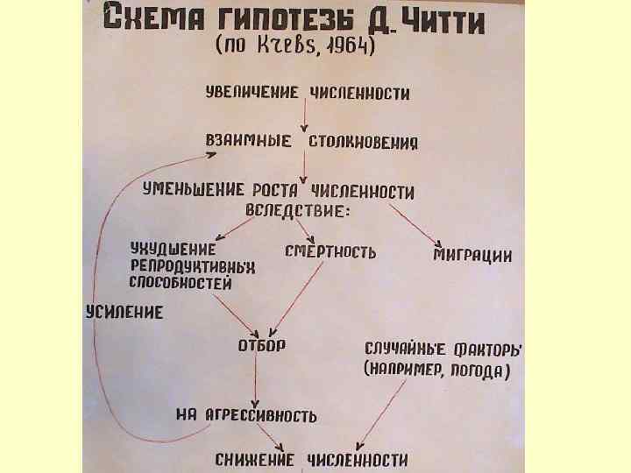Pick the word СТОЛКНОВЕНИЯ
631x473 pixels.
tap(361, 142)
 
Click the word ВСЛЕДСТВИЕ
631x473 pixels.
tap(297, 211)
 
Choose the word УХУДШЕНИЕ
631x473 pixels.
tap(173, 249)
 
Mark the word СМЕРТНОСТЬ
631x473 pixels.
tap(330, 252)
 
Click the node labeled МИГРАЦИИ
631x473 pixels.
tap(473, 255)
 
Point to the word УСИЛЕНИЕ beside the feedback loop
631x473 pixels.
tap(124, 312)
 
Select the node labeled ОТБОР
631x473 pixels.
tap(262, 343)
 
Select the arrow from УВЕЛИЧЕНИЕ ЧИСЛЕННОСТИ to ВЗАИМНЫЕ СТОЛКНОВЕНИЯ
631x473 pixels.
tap(303, 116)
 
